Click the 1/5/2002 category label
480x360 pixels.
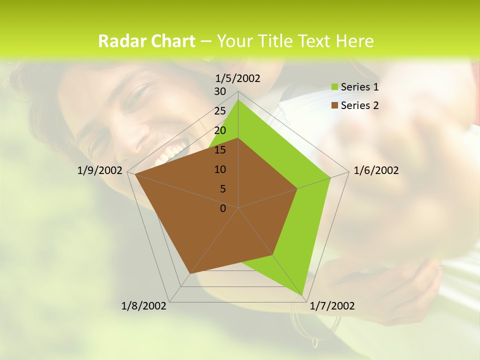tap(238, 78)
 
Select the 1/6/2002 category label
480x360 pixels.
tap(376, 170)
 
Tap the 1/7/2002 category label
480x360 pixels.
tap(332, 306)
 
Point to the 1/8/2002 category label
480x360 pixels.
tap(144, 306)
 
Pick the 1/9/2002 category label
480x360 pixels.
tap(100, 170)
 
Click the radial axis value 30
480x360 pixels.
tap(220, 91)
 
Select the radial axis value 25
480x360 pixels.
tap(220, 111)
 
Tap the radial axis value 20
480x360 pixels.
tap(220, 130)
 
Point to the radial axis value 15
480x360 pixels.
tap(220, 150)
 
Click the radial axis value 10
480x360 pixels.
tap(220, 169)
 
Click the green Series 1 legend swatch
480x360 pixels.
tap(334, 87)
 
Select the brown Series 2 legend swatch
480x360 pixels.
tap(334, 105)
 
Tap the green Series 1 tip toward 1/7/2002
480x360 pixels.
tap(303, 293)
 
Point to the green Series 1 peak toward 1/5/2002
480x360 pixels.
tap(238, 100)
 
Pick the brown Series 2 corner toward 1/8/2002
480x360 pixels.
tap(189, 273)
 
